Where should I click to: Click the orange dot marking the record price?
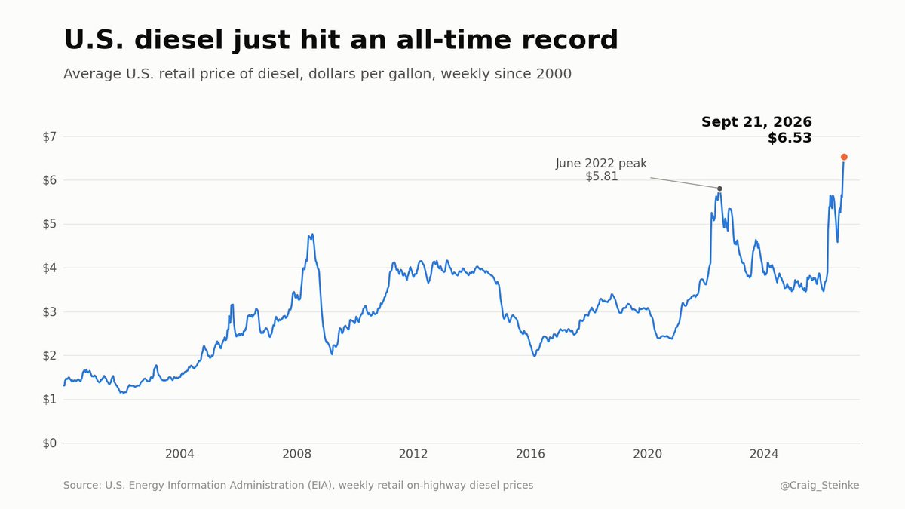[x=844, y=157]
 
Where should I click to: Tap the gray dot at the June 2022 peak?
[x=719, y=189]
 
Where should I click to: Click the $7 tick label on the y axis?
[x=50, y=137]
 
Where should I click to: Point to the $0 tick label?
[x=50, y=443]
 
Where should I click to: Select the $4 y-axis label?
[x=50, y=268]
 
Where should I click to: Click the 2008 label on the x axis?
[x=296, y=454]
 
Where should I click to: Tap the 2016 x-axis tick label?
[x=530, y=454]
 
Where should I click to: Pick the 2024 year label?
[x=763, y=454]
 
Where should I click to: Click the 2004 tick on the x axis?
[x=179, y=454]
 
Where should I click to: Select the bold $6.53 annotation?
[x=790, y=138]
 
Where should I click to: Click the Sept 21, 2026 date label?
[x=756, y=122]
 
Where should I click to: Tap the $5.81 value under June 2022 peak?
[x=602, y=176]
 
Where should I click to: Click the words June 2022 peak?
[x=601, y=164]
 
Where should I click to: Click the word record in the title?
[x=569, y=40]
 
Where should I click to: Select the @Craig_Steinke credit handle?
[x=819, y=485]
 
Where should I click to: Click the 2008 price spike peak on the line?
[x=312, y=235]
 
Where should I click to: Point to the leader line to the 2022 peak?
[x=684, y=182]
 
